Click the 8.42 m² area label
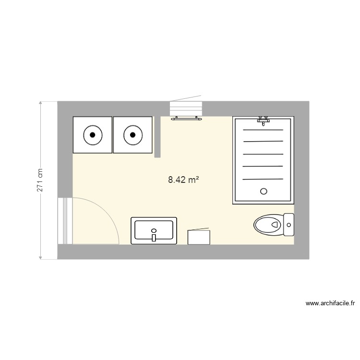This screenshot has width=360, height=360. (183, 180)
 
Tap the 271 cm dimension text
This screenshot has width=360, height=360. (40, 180)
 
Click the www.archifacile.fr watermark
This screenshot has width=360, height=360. (330, 303)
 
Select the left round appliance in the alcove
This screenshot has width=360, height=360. (92, 135)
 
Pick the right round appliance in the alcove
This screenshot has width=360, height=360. (132, 135)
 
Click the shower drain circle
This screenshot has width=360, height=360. (263, 191)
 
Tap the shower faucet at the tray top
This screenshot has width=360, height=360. (263, 120)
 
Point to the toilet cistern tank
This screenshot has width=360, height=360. (288, 224)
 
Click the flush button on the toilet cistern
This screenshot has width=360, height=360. (288, 224)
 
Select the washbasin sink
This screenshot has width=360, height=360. (154, 230)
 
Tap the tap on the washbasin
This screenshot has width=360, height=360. (154, 236)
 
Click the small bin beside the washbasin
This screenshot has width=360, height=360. (199, 237)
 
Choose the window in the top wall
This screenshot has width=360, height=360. (186, 108)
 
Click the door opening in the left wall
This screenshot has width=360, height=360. (65, 221)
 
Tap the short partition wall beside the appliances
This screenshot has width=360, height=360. (157, 137)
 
